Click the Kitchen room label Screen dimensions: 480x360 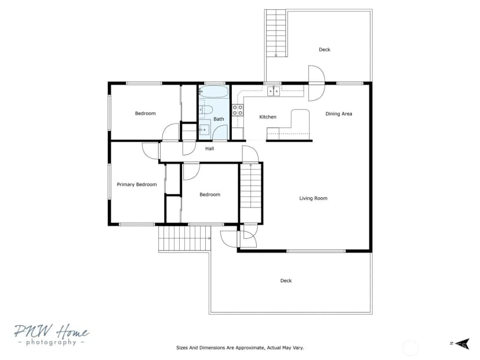(268, 117)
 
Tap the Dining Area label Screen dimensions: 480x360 (339, 114)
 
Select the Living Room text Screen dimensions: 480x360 (313, 198)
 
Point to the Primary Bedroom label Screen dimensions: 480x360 (137, 184)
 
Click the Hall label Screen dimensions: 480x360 (210, 149)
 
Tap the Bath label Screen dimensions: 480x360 (219, 119)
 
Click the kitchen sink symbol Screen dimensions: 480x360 (274, 91)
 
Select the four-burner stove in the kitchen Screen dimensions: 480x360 (238, 110)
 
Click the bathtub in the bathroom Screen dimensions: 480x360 (214, 92)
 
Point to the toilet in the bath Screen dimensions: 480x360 (206, 110)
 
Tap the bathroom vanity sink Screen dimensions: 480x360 (204, 130)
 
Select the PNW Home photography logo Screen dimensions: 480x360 (52, 334)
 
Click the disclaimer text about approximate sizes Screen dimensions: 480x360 (240, 348)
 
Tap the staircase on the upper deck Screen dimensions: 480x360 (276, 33)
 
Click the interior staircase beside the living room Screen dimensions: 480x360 (250, 186)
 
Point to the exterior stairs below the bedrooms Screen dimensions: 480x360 (185, 239)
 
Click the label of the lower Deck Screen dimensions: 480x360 (286, 281)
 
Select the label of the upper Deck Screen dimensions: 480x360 (325, 50)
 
